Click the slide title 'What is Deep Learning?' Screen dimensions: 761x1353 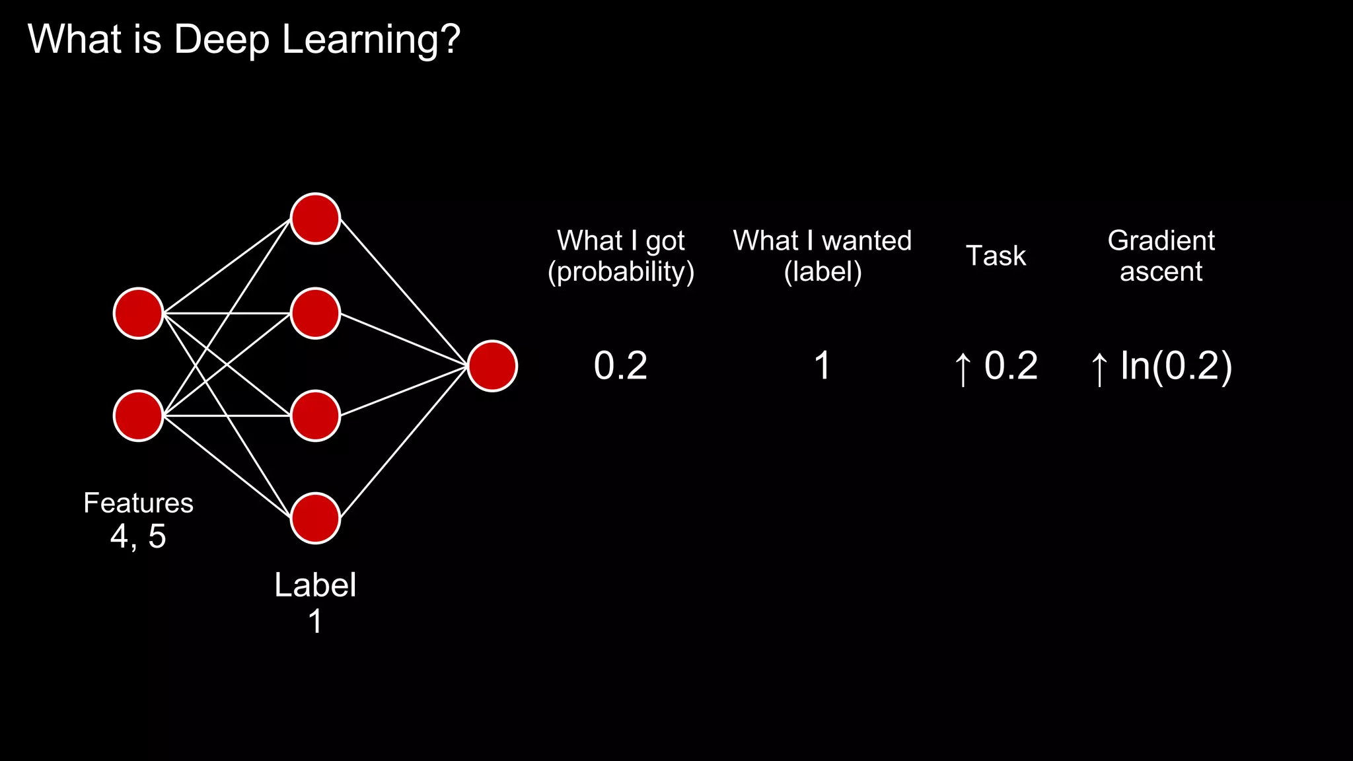pyautogui.click(x=244, y=40)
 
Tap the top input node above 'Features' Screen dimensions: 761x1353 pyautogui.click(x=139, y=313)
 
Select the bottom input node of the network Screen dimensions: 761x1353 pyautogui.click(x=139, y=416)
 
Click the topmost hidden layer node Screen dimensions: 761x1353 pyautogui.click(x=316, y=219)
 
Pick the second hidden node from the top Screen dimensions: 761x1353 pyautogui.click(x=316, y=313)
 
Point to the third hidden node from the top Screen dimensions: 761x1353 pyautogui.click(x=316, y=416)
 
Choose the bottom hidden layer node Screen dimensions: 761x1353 pyautogui.click(x=316, y=518)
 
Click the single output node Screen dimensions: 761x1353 pyautogui.click(x=492, y=366)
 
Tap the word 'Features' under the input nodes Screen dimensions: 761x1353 pyautogui.click(x=139, y=503)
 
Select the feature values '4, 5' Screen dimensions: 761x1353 pyautogui.click(x=139, y=536)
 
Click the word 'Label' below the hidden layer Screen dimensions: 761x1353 pyautogui.click(x=316, y=585)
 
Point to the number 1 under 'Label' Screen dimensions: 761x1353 pyautogui.click(x=316, y=622)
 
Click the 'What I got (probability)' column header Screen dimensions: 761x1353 pyautogui.click(x=621, y=256)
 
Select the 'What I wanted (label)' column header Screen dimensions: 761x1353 pyautogui.click(x=823, y=256)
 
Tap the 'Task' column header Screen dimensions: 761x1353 pyautogui.click(x=996, y=256)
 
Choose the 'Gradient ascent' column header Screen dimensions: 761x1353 pyautogui.click(x=1161, y=256)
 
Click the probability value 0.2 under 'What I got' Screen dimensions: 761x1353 pyautogui.click(x=620, y=366)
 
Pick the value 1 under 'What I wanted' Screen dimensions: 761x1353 pyautogui.click(x=823, y=366)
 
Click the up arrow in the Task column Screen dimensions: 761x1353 pyautogui.click(x=963, y=369)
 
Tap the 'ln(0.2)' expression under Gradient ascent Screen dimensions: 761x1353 pyautogui.click(x=1176, y=366)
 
